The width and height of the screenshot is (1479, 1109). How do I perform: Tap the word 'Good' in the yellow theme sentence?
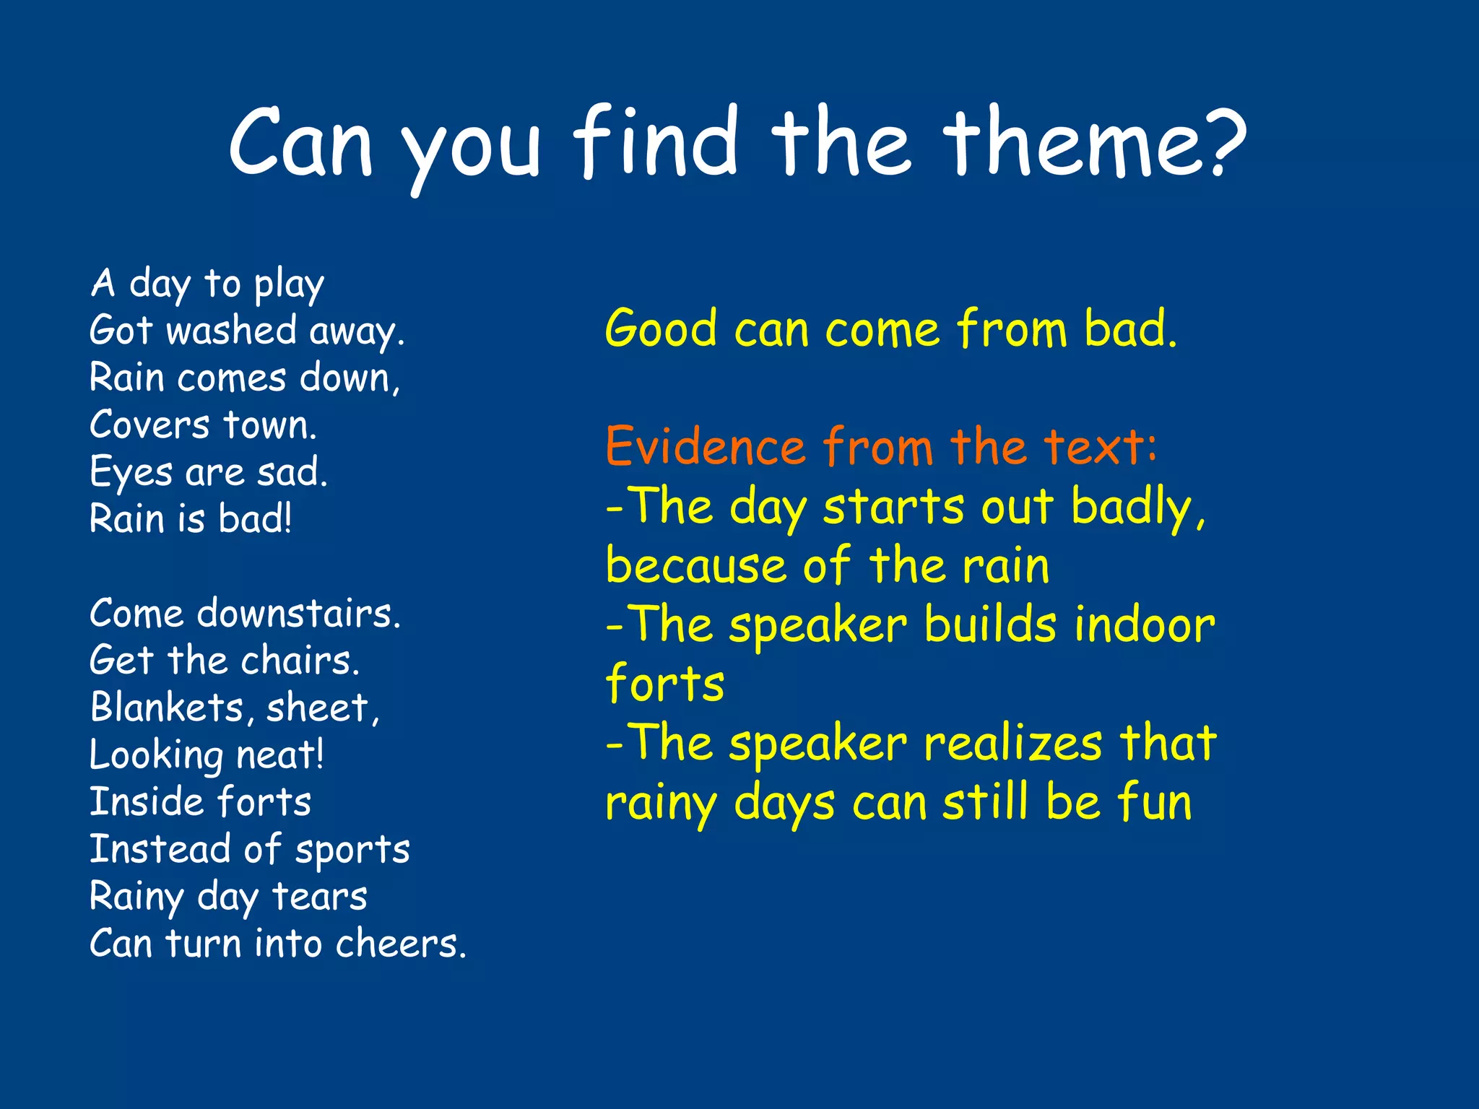coord(661,329)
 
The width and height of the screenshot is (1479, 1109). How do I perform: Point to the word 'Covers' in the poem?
coord(149,425)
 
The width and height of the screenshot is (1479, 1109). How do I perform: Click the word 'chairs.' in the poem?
coord(300,661)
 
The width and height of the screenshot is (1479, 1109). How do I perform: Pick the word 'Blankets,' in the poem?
coord(172,708)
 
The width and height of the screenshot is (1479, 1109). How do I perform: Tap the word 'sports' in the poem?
coord(352,850)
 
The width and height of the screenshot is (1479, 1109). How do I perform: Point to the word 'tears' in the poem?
coord(320,897)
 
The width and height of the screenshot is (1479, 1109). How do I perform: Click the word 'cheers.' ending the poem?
coord(401,944)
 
